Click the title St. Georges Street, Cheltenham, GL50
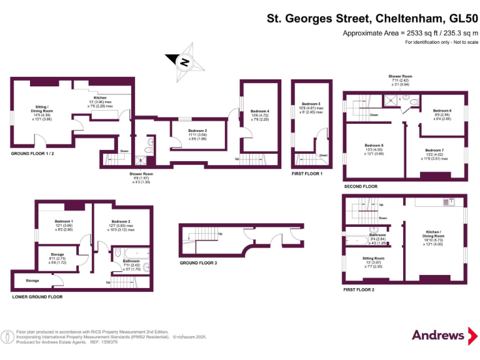372,19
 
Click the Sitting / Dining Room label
42,112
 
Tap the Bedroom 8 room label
374,149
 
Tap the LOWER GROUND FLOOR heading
37,297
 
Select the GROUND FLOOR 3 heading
198,263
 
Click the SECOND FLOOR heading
361,186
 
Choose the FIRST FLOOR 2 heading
359,290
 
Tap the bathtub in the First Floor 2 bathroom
359,239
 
